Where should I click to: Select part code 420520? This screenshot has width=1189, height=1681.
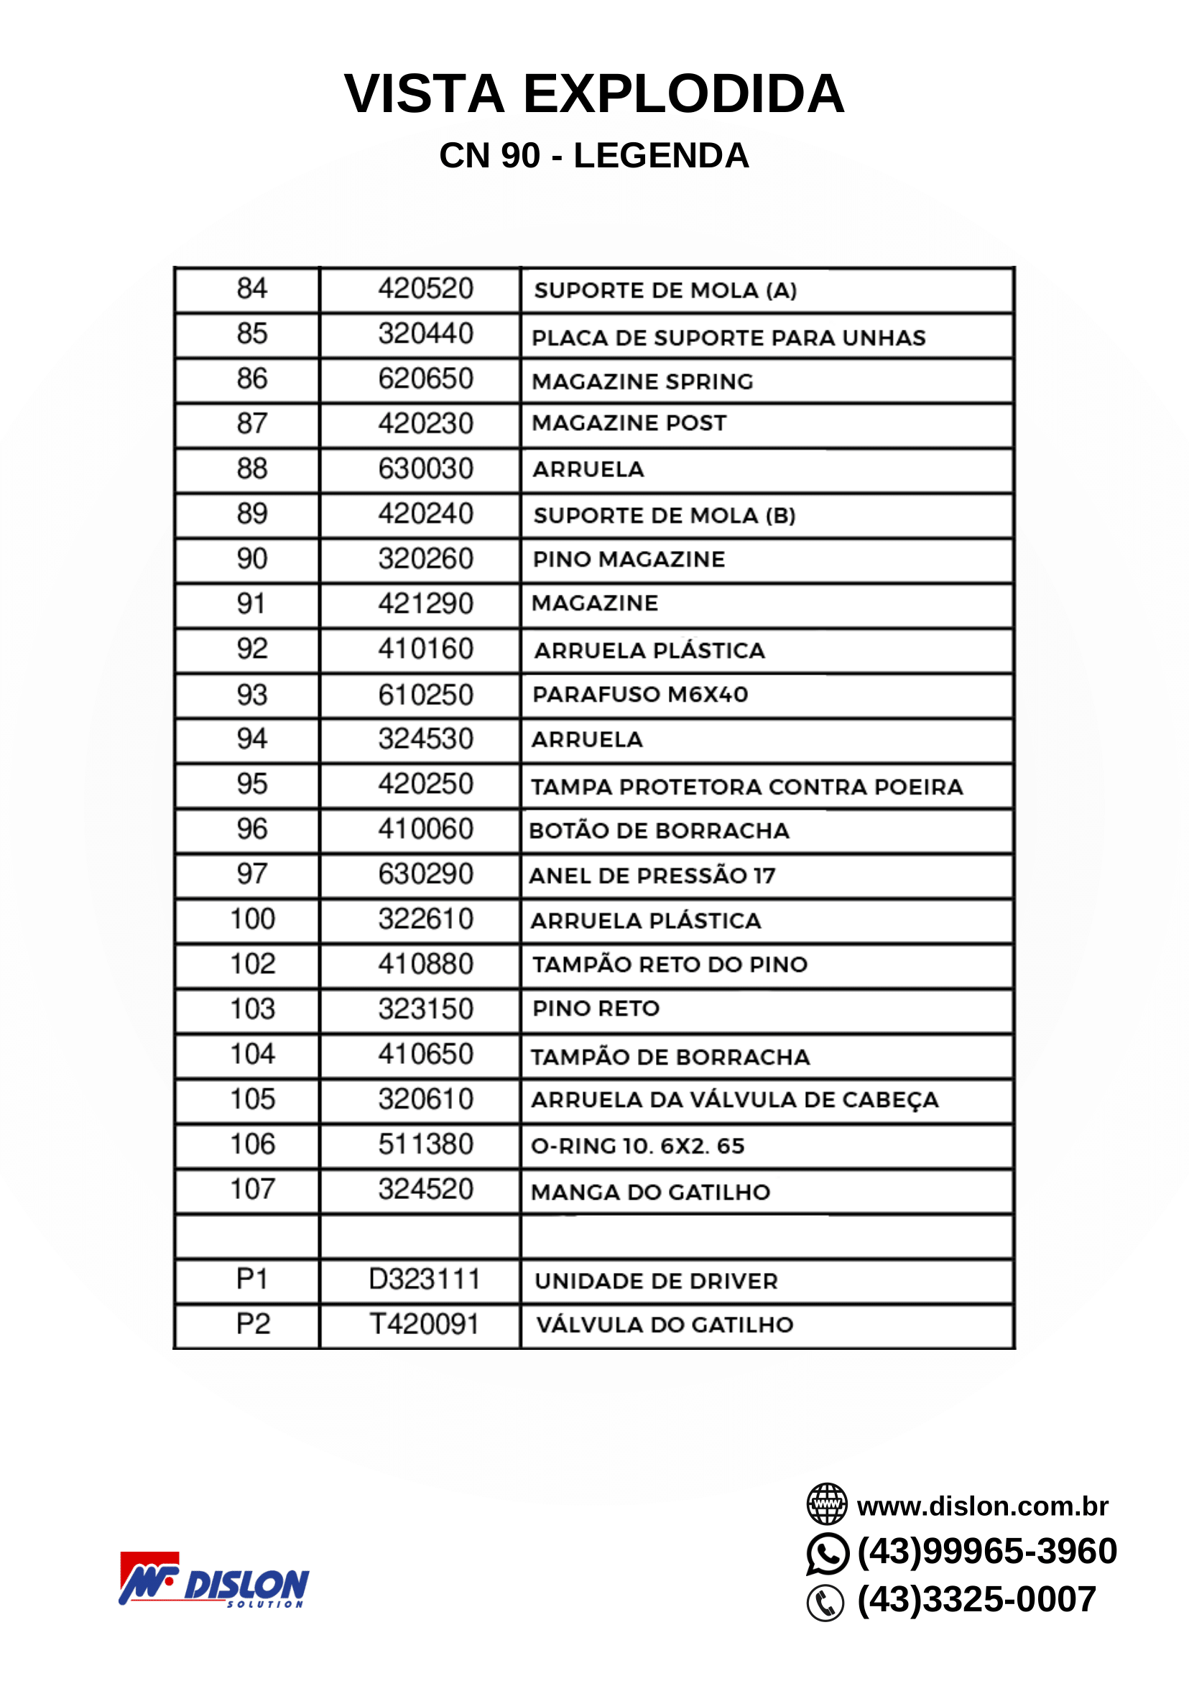click(425, 290)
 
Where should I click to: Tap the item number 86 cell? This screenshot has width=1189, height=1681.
click(252, 379)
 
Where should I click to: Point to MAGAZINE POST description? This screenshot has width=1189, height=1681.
click(629, 423)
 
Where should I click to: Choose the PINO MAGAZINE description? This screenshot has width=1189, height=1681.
click(628, 560)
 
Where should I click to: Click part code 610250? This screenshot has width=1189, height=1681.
click(425, 695)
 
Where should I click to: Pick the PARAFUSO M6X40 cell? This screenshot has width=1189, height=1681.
click(640, 695)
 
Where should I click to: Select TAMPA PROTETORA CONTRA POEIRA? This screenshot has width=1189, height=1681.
click(746, 787)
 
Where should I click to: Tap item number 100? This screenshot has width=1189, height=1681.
click(253, 920)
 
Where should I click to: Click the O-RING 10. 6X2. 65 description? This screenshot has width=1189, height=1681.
click(637, 1146)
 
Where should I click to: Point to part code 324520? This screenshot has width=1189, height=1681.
click(425, 1190)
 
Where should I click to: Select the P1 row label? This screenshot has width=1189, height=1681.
click(253, 1279)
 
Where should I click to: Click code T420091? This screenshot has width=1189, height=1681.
click(424, 1324)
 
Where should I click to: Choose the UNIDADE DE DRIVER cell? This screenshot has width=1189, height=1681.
click(656, 1282)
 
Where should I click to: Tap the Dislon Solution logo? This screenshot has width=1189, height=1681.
click(214, 1580)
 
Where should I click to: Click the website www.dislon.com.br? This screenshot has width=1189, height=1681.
click(982, 1506)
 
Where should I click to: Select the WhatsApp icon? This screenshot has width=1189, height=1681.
click(828, 1553)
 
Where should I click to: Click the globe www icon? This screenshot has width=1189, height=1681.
click(827, 1504)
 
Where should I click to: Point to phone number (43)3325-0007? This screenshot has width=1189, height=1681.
click(976, 1600)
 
